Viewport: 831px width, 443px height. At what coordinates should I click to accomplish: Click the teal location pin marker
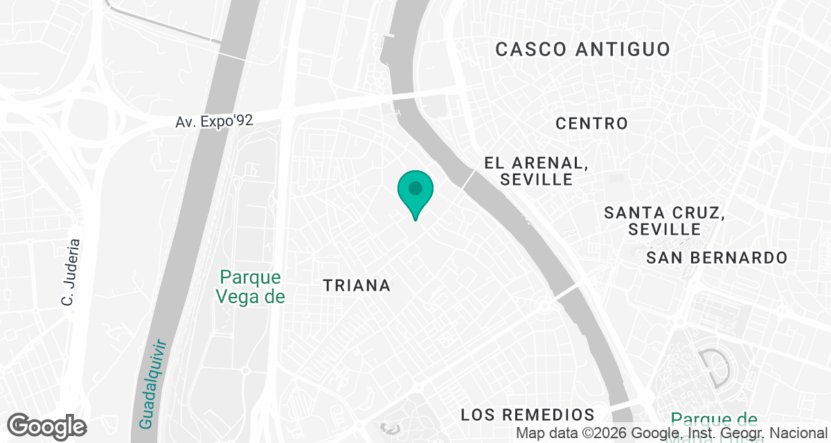click(415, 193)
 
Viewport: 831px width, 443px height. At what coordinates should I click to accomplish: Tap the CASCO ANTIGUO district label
click(583, 49)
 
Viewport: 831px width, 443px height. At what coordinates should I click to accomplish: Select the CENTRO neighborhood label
click(592, 124)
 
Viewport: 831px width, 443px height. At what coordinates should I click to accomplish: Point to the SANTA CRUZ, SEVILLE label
click(664, 220)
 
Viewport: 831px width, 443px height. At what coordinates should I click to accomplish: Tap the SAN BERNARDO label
click(717, 258)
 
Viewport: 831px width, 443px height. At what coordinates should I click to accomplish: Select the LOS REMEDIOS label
click(528, 415)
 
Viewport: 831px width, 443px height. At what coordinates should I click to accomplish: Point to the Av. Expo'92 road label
click(214, 121)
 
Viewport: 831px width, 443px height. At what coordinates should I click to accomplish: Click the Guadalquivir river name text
click(154, 383)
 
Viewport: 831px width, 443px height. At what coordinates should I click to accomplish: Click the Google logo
click(47, 426)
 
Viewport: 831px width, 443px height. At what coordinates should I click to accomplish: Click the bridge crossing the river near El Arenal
click(469, 179)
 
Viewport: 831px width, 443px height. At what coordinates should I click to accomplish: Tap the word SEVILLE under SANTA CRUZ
click(665, 229)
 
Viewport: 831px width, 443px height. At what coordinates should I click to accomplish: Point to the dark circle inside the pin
click(415, 188)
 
